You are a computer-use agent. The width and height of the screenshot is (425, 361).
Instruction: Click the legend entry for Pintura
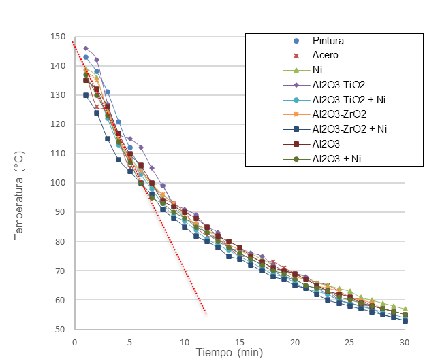click(x=326, y=41)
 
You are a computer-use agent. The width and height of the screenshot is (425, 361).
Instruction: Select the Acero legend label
click(x=326, y=55)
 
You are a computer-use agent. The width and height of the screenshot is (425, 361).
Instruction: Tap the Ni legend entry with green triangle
click(x=317, y=70)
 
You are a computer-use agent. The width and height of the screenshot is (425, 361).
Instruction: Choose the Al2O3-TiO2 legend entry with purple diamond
click(x=339, y=85)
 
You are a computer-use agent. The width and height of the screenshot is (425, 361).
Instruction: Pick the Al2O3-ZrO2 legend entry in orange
click(x=340, y=114)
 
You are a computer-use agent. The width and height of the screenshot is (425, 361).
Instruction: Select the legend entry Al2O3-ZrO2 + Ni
click(x=349, y=128)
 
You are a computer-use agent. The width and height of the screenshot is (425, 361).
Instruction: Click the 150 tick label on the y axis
click(x=58, y=37)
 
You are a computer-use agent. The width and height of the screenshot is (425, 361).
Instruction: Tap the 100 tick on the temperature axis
click(x=58, y=183)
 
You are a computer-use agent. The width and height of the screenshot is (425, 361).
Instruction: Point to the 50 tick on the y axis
click(x=60, y=330)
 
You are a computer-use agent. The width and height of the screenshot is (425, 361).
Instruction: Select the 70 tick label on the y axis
click(x=60, y=271)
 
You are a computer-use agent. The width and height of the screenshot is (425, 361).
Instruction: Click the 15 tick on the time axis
click(x=239, y=341)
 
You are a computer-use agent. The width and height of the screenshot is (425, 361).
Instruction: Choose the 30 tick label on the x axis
click(x=404, y=341)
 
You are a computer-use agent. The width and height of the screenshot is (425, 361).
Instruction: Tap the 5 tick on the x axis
click(x=129, y=341)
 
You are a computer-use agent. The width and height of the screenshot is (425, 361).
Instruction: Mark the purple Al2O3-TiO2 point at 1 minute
click(x=86, y=48)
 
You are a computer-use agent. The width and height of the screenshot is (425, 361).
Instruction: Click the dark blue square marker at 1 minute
click(x=86, y=95)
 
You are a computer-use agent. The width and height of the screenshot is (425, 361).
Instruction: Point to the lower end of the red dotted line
click(x=206, y=314)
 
